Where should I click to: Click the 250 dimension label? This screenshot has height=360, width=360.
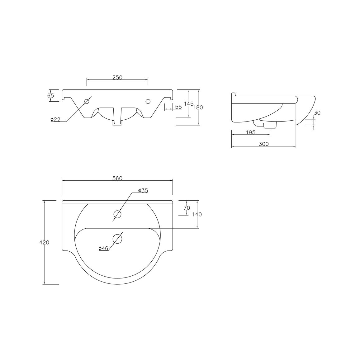tap(117, 77)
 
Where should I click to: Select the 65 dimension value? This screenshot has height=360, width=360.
tap(51, 95)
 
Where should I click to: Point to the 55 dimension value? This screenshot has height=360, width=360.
tap(178, 107)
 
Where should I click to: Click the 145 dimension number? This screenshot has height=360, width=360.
tap(189, 104)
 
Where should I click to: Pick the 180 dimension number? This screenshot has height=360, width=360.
tap(198, 107)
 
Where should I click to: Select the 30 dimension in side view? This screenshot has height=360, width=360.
tap(317, 113)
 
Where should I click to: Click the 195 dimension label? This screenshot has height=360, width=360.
tap(251, 132)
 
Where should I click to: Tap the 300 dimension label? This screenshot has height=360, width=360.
tap(264, 144)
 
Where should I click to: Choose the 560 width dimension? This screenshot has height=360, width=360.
tap(118, 178)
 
